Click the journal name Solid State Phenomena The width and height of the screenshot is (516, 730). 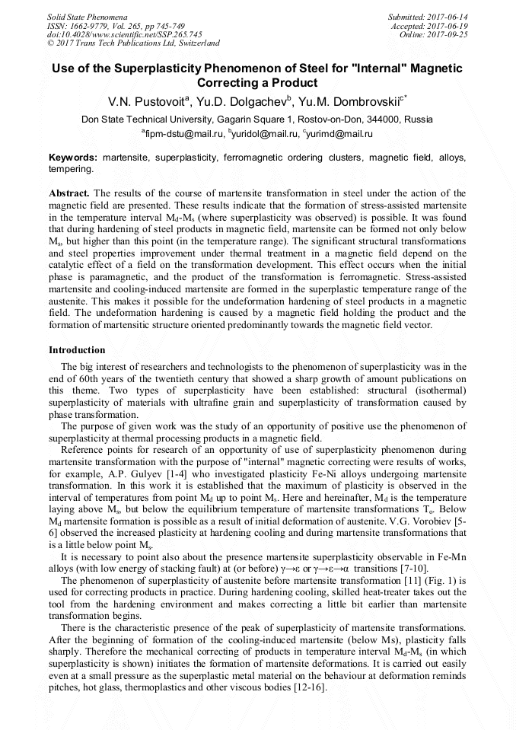[87, 16]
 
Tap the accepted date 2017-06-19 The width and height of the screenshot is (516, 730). [448, 25]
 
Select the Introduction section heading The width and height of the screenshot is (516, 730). [77, 350]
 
